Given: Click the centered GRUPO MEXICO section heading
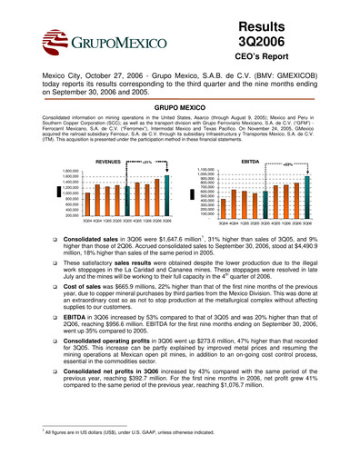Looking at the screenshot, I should [x=180, y=107].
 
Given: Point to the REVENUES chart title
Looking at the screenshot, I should [x=108, y=161].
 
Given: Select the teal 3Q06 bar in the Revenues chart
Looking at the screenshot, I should [x=168, y=193].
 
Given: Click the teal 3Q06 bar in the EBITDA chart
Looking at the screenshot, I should [x=307, y=193].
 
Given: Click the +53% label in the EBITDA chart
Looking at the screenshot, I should [x=287, y=163].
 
